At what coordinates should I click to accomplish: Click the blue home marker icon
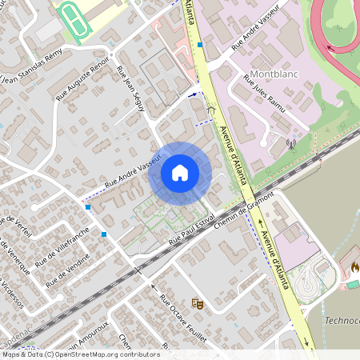[x=179, y=173]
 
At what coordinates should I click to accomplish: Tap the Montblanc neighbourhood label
[x=274, y=74]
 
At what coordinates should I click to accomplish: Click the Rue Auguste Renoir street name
[x=82, y=82]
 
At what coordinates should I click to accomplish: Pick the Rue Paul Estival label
[x=193, y=230]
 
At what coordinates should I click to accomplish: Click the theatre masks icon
[x=196, y=303]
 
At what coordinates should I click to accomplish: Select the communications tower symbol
[x=290, y=146]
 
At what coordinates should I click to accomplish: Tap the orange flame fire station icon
[x=354, y=265]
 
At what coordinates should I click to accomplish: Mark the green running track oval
[x=72, y=17]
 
